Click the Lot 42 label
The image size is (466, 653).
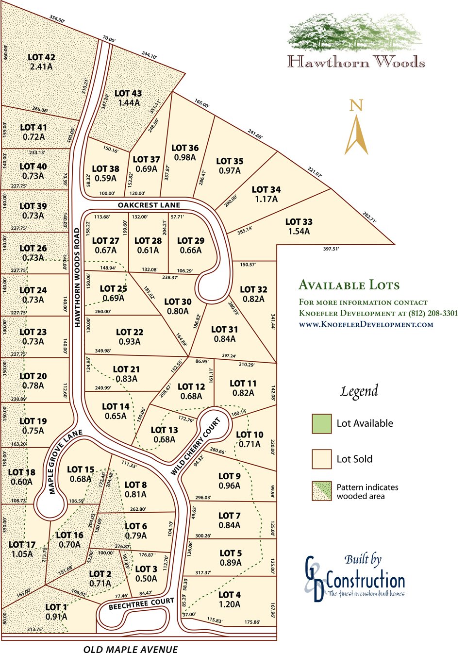41,57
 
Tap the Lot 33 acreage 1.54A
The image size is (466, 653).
299,232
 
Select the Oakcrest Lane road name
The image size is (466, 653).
149,205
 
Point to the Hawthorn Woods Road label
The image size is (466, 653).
77,277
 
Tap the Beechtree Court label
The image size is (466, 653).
141,603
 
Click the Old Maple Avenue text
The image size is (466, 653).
131,649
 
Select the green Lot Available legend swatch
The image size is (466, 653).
321,423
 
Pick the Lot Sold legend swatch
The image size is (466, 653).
321,459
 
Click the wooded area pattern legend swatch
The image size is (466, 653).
321,491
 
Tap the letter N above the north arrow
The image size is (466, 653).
356,105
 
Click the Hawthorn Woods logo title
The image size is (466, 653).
356,62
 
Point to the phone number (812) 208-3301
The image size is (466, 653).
433,313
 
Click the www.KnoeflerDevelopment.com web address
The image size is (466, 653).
366,324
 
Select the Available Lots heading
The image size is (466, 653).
349,285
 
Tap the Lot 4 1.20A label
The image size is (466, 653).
229,600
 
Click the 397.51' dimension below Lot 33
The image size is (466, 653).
331,249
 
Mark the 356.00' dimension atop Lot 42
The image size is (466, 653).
57,19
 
